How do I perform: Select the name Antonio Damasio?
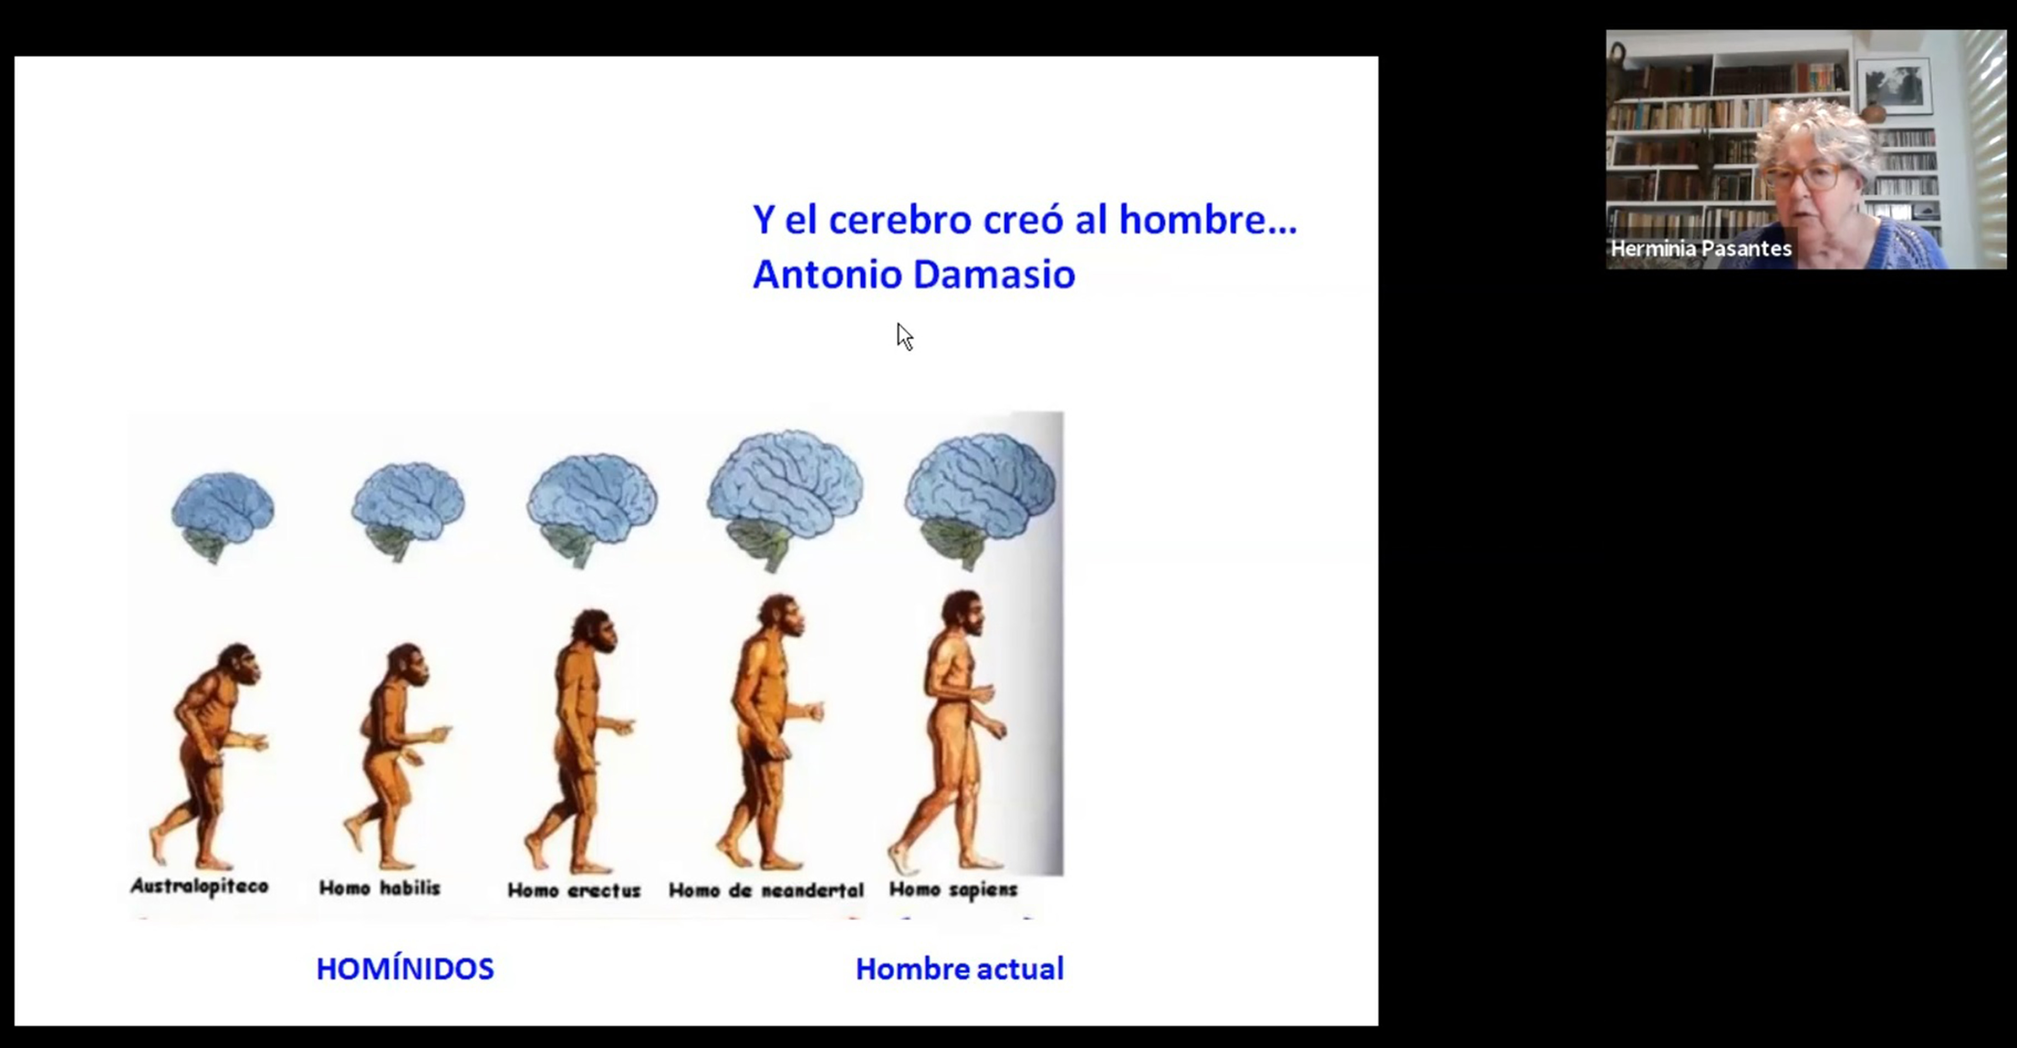(914, 274)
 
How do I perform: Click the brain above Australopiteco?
(222, 517)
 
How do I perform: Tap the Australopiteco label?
(200, 886)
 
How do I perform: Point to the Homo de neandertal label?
(766, 890)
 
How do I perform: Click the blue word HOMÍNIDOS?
(405, 969)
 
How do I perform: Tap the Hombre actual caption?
(959, 969)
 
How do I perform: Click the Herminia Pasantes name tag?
(1701, 249)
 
